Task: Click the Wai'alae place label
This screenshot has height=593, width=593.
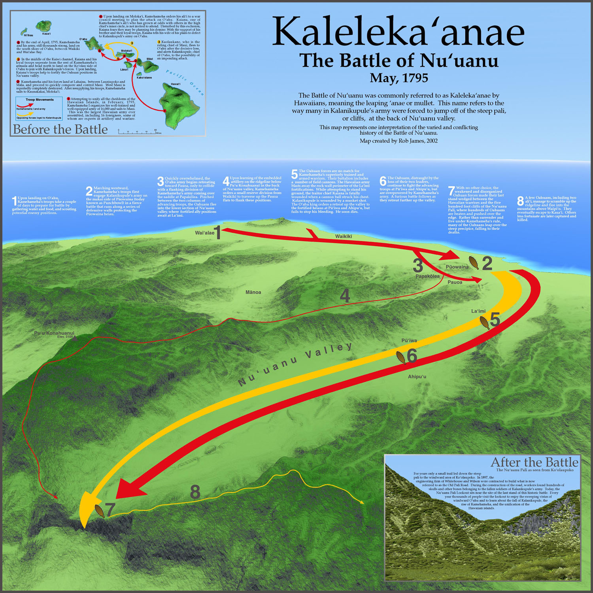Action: [204, 233]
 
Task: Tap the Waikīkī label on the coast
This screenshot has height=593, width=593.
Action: [343, 236]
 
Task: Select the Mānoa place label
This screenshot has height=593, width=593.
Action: [253, 292]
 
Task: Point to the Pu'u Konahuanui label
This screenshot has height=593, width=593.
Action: [54, 333]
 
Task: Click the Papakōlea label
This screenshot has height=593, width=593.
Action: [427, 276]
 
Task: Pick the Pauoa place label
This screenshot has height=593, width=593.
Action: [455, 282]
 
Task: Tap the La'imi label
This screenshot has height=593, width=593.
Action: [478, 311]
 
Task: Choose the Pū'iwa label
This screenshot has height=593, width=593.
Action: [409, 340]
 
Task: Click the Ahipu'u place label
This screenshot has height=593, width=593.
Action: [417, 377]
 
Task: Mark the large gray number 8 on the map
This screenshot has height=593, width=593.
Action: [195, 492]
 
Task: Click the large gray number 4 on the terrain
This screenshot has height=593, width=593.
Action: [345, 296]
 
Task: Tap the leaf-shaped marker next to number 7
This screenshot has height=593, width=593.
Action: [100, 511]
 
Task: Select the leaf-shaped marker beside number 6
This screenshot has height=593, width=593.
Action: [401, 357]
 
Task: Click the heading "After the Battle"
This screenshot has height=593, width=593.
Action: [534, 462]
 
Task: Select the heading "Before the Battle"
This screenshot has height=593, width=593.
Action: [60, 129]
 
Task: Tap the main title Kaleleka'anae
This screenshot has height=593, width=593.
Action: [398, 32]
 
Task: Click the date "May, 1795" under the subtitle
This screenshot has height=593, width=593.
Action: [398, 78]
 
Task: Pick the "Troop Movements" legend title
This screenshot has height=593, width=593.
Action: [40, 100]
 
